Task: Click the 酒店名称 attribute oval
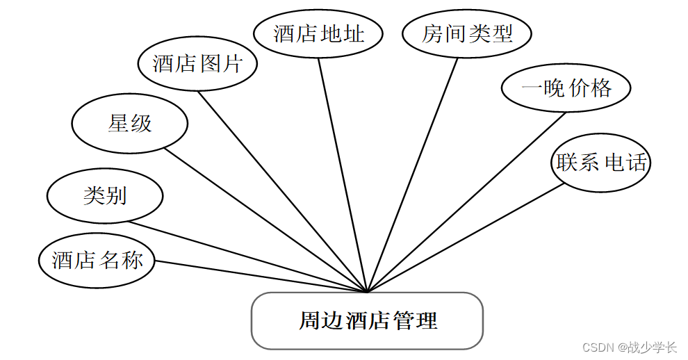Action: tap(97, 261)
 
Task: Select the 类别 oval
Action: tap(105, 195)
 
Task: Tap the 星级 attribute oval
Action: tap(130, 124)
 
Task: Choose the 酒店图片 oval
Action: tap(197, 64)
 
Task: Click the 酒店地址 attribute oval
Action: tap(318, 33)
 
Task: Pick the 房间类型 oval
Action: tap(467, 33)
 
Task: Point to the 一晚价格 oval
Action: tap(566, 88)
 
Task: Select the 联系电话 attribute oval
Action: tap(601, 163)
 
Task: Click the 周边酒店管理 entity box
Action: tap(367, 320)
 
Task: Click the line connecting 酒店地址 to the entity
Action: tap(343, 174)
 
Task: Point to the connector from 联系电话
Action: tap(466, 237)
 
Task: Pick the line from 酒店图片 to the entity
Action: tap(283, 191)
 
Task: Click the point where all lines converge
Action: tap(367, 292)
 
